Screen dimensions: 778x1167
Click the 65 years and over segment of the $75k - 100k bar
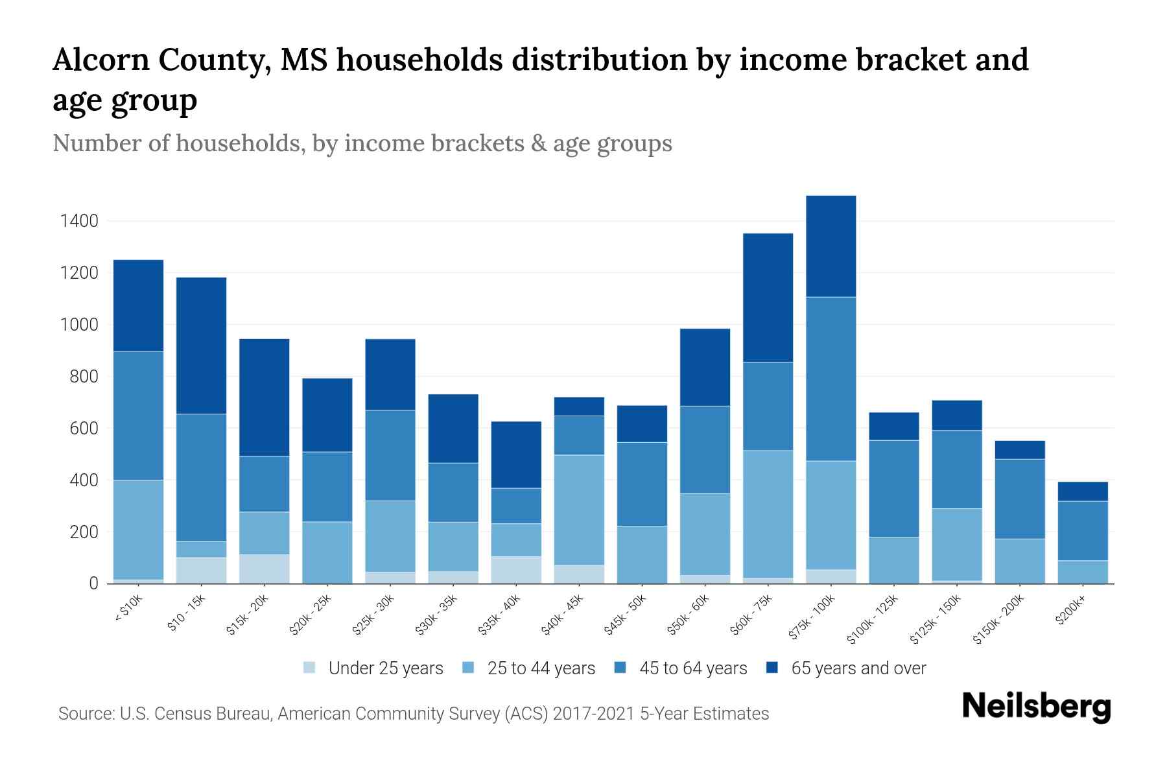831,246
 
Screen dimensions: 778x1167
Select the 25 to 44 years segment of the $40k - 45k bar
579,510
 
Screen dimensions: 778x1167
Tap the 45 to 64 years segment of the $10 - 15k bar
201,477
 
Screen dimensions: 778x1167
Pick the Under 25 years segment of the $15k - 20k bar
264,569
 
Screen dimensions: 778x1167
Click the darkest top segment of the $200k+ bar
1083,491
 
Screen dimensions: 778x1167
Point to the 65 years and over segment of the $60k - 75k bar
768,298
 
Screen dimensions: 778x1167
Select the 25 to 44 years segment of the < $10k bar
138,530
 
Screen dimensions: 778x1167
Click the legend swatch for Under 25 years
310,667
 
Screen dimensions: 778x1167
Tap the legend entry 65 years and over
858,668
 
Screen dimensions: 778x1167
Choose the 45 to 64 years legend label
692,668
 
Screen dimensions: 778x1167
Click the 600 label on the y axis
84,429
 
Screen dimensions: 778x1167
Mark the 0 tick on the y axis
93,583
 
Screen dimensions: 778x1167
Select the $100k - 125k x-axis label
873,619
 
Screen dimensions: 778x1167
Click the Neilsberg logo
1036,707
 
